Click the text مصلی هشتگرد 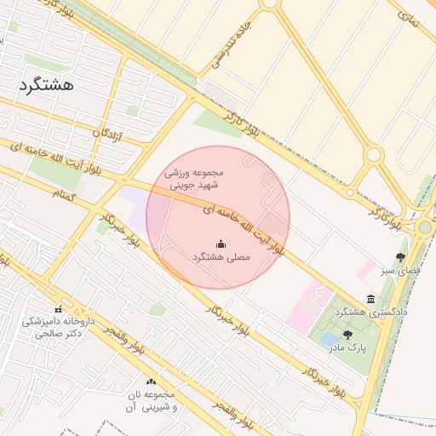[x=221, y=255]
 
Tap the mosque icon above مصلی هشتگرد [x=221, y=244]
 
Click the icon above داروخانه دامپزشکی [x=58, y=309]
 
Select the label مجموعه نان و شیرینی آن [x=150, y=402]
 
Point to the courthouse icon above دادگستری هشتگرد [x=370, y=299]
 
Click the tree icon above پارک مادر [x=347, y=336]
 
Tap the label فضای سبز [x=400, y=270]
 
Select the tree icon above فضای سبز [x=400, y=257]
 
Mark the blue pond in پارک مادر [x=328, y=339]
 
